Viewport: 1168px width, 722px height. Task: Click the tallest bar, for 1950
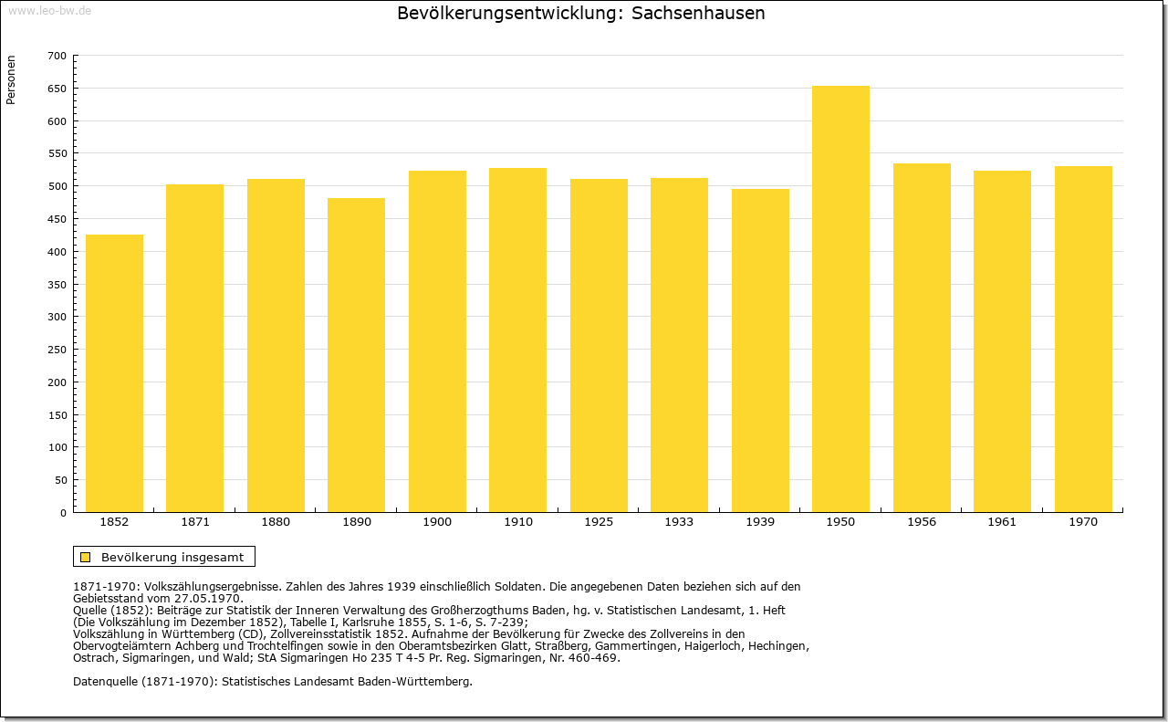point(840,298)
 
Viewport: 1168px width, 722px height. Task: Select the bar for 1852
point(114,373)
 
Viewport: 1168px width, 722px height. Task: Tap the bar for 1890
point(356,355)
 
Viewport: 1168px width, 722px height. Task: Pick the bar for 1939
point(760,351)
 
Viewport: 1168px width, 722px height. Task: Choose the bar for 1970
point(1083,339)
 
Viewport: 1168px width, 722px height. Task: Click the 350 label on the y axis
point(57,285)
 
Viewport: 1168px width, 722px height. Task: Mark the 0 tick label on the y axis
point(63,513)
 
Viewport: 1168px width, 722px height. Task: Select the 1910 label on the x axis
point(517,522)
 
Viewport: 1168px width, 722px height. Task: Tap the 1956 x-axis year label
point(922,522)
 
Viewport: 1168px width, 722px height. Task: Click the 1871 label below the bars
point(195,522)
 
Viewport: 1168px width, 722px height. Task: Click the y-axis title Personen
point(11,79)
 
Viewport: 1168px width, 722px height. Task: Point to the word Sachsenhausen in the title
point(698,13)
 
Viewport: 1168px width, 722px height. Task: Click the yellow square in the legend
point(86,557)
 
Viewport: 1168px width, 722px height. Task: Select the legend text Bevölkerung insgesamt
point(172,557)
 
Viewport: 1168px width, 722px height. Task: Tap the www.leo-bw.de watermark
point(49,10)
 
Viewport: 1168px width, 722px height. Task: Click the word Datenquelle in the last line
point(105,682)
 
